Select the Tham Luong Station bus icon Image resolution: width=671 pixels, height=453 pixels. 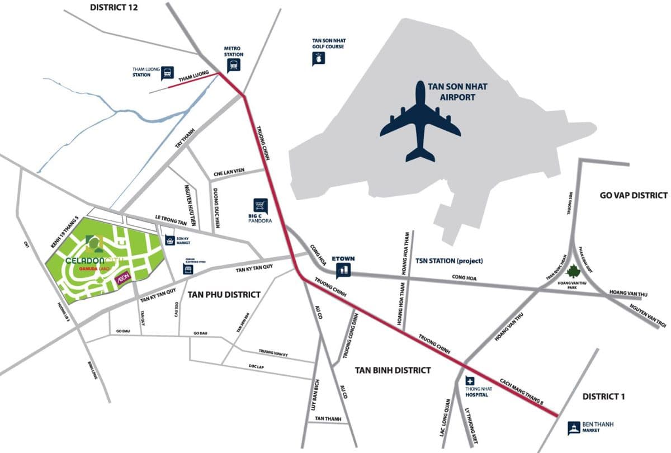click(x=167, y=73)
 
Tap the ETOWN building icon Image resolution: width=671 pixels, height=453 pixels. click(x=343, y=271)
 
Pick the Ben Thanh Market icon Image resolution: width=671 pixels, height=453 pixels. click(x=574, y=428)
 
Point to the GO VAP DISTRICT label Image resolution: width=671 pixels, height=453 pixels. click(x=634, y=195)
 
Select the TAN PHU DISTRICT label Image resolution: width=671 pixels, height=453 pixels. click(x=224, y=295)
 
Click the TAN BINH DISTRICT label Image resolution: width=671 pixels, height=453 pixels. click(x=393, y=370)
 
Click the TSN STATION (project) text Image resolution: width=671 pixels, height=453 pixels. click(x=449, y=261)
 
